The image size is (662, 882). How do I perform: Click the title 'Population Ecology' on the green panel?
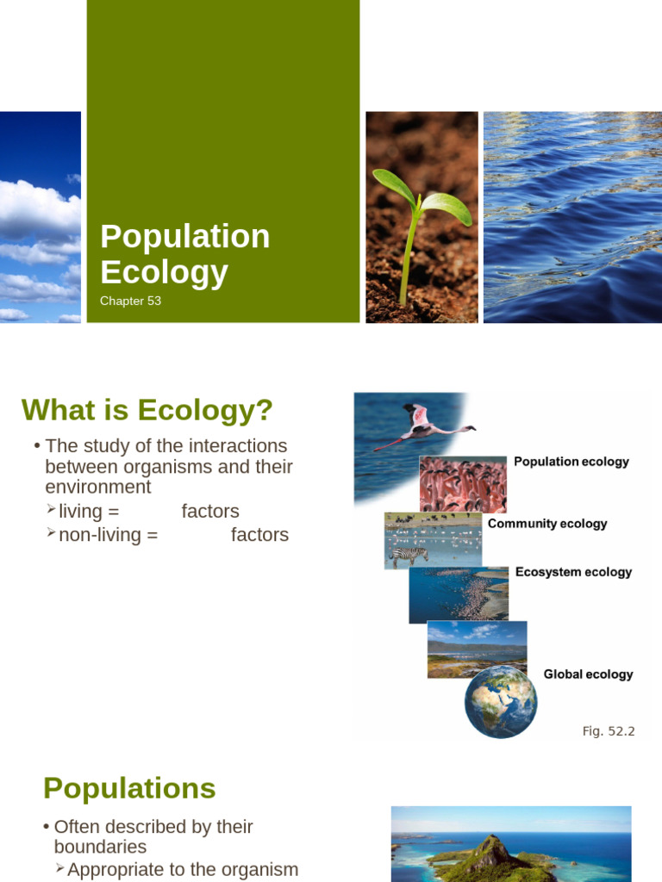(184, 254)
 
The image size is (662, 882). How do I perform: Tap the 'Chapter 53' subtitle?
(130, 301)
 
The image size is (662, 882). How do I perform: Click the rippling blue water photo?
(572, 217)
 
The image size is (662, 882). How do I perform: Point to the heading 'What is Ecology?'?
(147, 411)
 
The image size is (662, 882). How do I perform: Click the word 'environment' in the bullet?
(98, 488)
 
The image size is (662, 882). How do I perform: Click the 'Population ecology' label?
(571, 462)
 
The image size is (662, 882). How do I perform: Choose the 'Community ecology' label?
(547, 524)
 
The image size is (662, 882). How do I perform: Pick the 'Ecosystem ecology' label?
(573, 572)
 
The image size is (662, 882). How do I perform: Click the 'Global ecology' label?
(588, 674)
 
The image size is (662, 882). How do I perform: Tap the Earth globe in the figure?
(500, 701)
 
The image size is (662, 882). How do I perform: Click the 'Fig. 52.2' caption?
(609, 731)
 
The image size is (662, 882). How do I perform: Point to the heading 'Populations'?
(129, 788)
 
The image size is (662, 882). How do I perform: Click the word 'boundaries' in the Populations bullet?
(100, 848)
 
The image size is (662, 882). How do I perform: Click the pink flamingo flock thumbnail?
(463, 484)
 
